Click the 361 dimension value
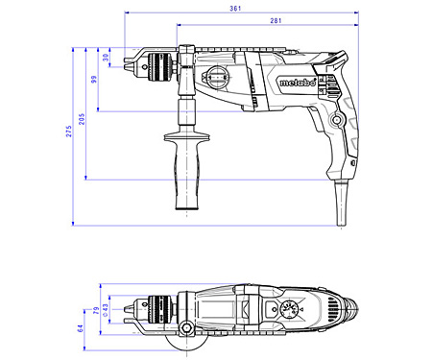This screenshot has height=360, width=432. pyautogui.click(x=235, y=9)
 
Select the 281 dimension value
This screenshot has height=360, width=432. pyautogui.click(x=276, y=20)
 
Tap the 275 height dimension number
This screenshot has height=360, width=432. pyautogui.click(x=69, y=132)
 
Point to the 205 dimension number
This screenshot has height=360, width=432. pyautogui.click(x=82, y=119)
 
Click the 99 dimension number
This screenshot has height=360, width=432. pyautogui.click(x=94, y=79)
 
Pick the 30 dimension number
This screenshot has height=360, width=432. pyautogui.click(x=106, y=58)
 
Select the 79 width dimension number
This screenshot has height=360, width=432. pyautogui.click(x=96, y=310)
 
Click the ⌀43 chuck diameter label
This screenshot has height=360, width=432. pyautogui.click(x=106, y=310)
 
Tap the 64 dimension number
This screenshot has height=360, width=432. pyautogui.click(x=80, y=328)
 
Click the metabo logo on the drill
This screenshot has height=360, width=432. pyautogui.click(x=298, y=82)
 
